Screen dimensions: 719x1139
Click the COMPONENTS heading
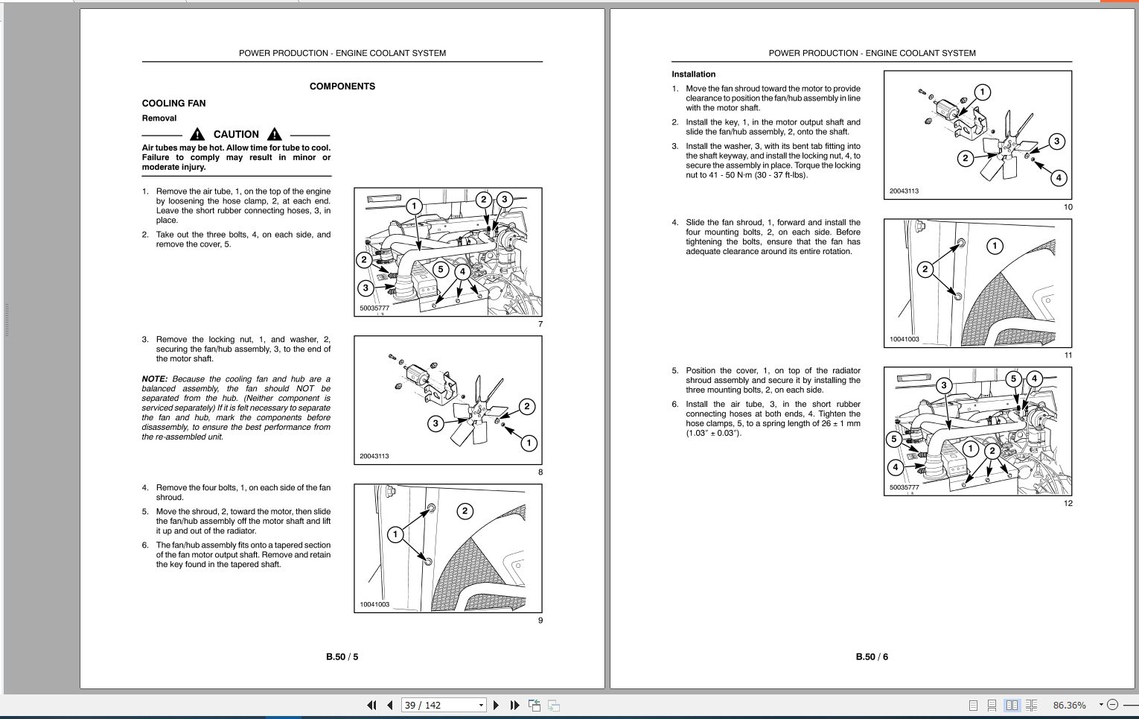342,86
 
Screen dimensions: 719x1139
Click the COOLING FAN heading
173,104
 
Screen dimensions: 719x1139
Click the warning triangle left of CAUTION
197,134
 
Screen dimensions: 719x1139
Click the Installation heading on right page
693,75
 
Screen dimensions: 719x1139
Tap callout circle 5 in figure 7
441,270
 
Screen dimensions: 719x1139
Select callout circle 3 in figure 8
436,423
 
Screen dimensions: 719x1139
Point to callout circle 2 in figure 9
465,510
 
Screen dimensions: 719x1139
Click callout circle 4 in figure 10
1058,177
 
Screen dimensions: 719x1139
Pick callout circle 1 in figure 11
995,245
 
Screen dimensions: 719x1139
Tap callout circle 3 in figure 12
944,385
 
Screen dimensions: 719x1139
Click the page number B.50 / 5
342,657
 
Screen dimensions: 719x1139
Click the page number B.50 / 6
872,657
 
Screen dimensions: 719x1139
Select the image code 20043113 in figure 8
374,456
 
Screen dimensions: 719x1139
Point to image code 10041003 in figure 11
904,339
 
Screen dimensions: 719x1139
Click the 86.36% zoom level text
1069,705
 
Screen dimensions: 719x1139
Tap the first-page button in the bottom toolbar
371,705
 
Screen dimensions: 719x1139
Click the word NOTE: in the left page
155,379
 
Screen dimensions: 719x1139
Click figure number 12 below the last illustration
1068,503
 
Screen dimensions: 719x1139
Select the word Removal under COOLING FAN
159,118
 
